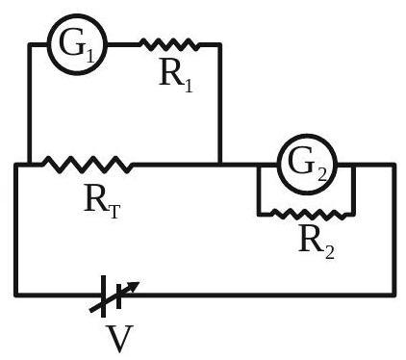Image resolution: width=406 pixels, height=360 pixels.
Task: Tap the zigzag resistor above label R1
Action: click(x=169, y=44)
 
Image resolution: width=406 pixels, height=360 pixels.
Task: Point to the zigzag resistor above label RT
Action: click(x=88, y=165)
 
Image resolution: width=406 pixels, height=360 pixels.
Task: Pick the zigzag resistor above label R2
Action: click(x=309, y=214)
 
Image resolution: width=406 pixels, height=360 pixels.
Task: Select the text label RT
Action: click(x=102, y=203)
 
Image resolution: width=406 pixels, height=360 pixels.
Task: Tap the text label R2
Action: click(x=317, y=242)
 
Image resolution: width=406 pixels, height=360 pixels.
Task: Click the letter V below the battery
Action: click(x=119, y=339)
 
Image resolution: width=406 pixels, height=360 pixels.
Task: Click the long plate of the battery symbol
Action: click(x=103, y=296)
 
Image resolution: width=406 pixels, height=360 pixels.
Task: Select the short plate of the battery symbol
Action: click(x=118, y=296)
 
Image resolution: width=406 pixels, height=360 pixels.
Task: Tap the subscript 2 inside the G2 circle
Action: click(x=321, y=175)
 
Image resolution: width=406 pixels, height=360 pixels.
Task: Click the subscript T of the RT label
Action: click(x=114, y=212)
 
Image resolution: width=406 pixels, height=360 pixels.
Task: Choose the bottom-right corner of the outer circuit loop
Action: click(x=393, y=295)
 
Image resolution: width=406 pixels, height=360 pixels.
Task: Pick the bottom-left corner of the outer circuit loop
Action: click(x=16, y=295)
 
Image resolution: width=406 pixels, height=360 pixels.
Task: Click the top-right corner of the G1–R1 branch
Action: click(x=219, y=44)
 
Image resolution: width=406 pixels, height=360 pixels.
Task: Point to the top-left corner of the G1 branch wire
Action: click(x=30, y=44)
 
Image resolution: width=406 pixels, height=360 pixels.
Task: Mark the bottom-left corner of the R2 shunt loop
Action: click(x=259, y=214)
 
